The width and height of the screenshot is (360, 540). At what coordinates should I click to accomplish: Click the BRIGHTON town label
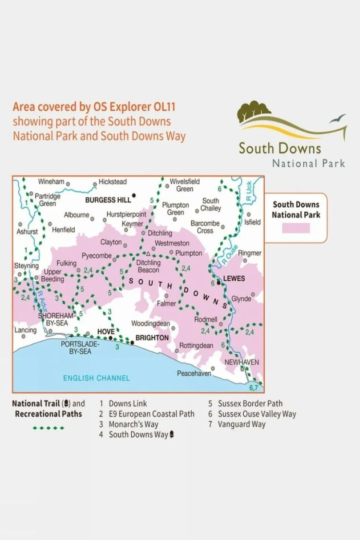click(152, 338)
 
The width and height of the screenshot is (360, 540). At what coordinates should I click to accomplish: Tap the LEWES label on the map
click(234, 278)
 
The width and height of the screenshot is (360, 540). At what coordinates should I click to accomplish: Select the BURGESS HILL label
click(108, 200)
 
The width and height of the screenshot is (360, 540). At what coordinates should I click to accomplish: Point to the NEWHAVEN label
click(242, 362)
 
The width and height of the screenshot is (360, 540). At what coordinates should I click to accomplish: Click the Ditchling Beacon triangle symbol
click(148, 253)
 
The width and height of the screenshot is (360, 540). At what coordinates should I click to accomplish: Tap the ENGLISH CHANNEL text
click(96, 378)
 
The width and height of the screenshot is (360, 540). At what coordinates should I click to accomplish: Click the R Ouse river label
click(229, 254)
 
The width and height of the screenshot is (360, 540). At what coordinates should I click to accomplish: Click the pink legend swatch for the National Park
click(296, 228)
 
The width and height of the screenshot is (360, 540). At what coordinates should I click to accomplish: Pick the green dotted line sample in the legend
click(48, 428)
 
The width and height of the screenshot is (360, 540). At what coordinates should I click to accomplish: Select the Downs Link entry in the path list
click(128, 404)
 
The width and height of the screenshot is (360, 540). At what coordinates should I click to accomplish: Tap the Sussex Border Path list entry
click(250, 404)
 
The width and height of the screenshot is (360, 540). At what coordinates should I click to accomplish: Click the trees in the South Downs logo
click(254, 109)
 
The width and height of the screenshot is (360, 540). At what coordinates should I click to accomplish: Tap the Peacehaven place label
click(194, 373)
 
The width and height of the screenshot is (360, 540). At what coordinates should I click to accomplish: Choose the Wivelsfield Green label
click(185, 185)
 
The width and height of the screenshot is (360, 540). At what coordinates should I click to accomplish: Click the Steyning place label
click(26, 266)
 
